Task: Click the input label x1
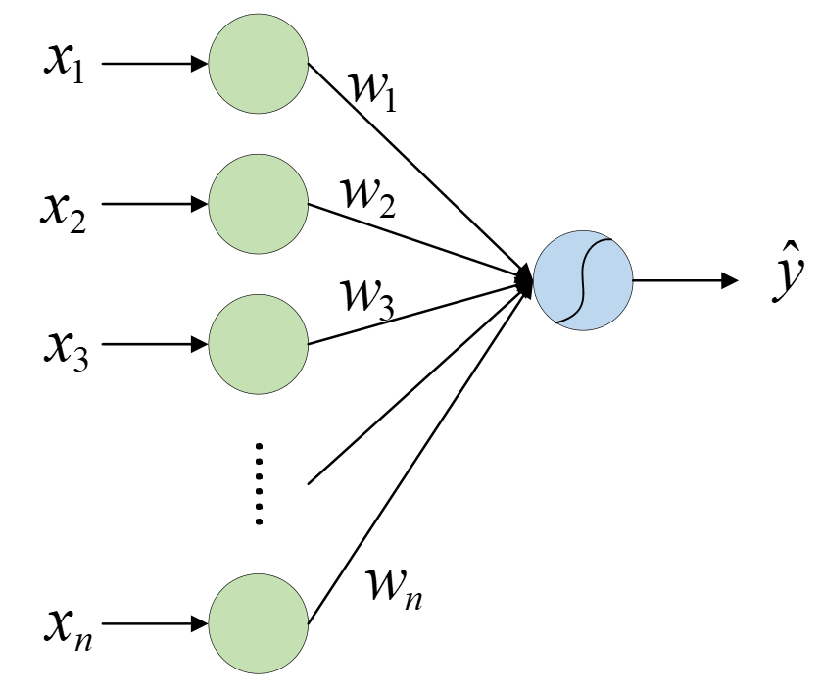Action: pyautogui.click(x=64, y=63)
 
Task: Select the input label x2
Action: pyautogui.click(x=64, y=212)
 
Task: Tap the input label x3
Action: pyautogui.click(x=66, y=351)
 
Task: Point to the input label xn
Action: pyautogui.click(x=68, y=630)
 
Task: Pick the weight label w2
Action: pyautogui.click(x=368, y=197)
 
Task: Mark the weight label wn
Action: pyautogui.click(x=394, y=589)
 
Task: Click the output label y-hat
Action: pyautogui.click(x=788, y=273)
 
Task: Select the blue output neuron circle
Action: pyautogui.click(x=583, y=280)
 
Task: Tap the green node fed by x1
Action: pyautogui.click(x=258, y=64)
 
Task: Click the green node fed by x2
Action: pyautogui.click(x=258, y=204)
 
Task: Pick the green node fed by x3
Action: pyautogui.click(x=258, y=344)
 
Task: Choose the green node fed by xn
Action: pyautogui.click(x=258, y=623)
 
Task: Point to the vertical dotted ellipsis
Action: pyautogui.click(x=259, y=483)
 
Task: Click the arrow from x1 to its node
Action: pyautogui.click(x=155, y=64)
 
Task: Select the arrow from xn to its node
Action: pyautogui.click(x=155, y=623)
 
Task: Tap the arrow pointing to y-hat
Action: pyautogui.click(x=686, y=280)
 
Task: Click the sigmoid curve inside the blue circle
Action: pyautogui.click(x=583, y=280)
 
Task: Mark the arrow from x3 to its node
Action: pyautogui.click(x=155, y=344)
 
